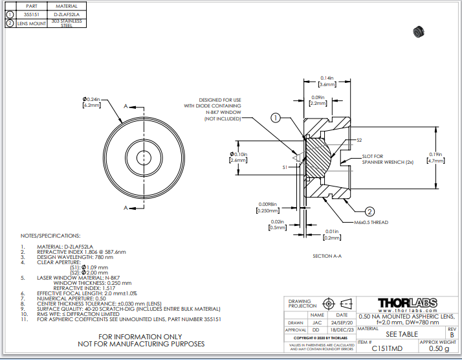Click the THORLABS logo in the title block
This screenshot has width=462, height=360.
click(x=407, y=303)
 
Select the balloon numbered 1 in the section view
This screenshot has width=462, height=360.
click(x=276, y=118)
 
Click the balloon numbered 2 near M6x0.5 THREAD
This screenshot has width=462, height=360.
click(x=369, y=211)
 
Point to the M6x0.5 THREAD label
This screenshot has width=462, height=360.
click(x=371, y=222)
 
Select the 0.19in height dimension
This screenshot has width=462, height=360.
click(x=435, y=157)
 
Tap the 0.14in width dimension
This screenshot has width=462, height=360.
click(x=326, y=81)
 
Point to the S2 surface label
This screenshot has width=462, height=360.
click(x=359, y=140)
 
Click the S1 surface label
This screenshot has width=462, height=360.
click(x=285, y=167)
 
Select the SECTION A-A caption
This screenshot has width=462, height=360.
click(x=327, y=256)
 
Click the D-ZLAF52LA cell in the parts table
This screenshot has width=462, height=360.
click(x=67, y=13)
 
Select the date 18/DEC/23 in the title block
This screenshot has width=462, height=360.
click(x=341, y=330)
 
